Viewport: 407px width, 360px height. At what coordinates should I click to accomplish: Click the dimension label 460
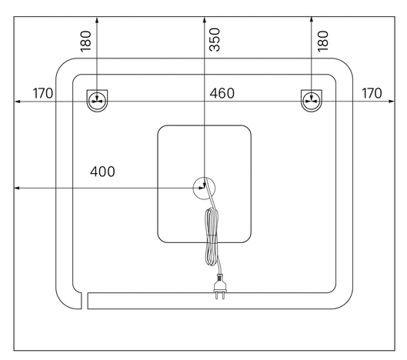click(222, 93)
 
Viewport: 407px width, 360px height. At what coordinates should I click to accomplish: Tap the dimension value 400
click(102, 172)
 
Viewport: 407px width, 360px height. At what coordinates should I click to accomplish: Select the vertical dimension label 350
click(215, 40)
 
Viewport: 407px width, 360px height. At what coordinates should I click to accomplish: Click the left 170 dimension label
click(43, 93)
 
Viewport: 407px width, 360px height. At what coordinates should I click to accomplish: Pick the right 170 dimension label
click(372, 93)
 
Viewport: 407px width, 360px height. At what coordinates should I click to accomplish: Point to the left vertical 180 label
click(86, 42)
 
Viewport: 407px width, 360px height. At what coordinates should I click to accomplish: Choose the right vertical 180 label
click(323, 42)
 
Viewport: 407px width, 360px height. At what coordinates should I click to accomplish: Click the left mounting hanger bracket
click(97, 101)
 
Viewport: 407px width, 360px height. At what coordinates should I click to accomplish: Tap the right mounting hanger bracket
click(312, 101)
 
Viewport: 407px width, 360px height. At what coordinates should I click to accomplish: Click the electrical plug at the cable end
click(220, 286)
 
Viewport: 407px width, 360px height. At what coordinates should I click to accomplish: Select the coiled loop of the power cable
click(212, 237)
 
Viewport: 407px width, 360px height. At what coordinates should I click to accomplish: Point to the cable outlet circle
click(205, 188)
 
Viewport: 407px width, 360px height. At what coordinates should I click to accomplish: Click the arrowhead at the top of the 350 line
click(205, 20)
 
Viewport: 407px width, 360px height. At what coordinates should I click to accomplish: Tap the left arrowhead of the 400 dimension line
click(17, 188)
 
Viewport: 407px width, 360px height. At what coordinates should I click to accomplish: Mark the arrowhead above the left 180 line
click(97, 20)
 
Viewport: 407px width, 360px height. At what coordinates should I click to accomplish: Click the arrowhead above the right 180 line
click(312, 20)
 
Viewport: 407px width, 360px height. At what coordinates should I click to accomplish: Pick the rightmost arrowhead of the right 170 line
click(392, 102)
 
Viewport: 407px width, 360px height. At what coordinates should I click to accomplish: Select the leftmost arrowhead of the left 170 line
click(17, 102)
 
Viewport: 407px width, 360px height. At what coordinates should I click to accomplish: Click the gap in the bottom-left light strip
click(85, 301)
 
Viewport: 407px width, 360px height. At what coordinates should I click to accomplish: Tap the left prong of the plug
click(217, 296)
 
